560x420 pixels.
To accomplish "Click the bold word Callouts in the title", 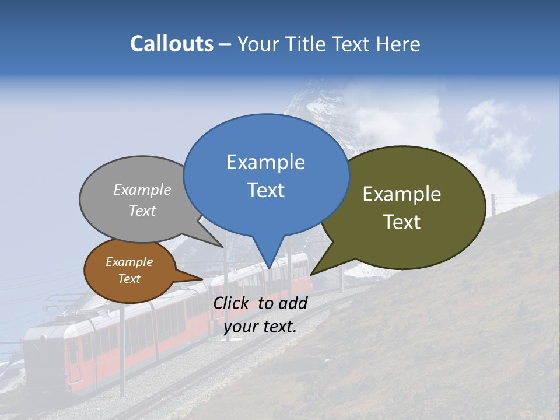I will pyautogui.click(x=171, y=44).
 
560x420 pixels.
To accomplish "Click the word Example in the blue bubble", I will pyautogui.click(x=265, y=162).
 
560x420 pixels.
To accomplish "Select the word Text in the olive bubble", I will pyautogui.click(x=402, y=222).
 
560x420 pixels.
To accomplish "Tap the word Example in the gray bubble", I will pyautogui.click(x=142, y=190).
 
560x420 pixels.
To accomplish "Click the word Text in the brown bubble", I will pyautogui.click(x=129, y=279).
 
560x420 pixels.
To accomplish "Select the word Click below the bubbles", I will pyautogui.click(x=232, y=303).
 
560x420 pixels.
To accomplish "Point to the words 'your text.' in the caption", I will pyautogui.click(x=260, y=327).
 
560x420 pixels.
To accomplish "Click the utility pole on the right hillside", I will pyautogui.click(x=494, y=206).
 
